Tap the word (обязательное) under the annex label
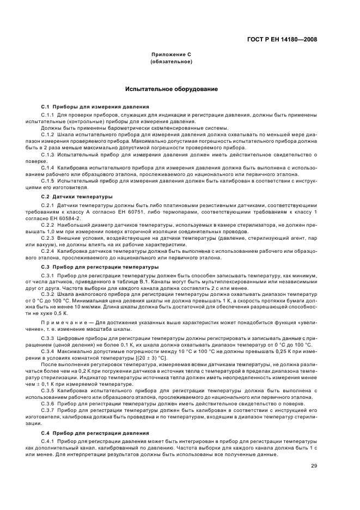click(x=172, y=62)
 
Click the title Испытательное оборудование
click(x=172, y=89)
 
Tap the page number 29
click(x=314, y=465)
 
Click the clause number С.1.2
click(x=48, y=133)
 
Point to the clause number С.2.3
click(x=48, y=238)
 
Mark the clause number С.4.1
click(x=48, y=440)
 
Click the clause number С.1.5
click(x=48, y=180)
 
